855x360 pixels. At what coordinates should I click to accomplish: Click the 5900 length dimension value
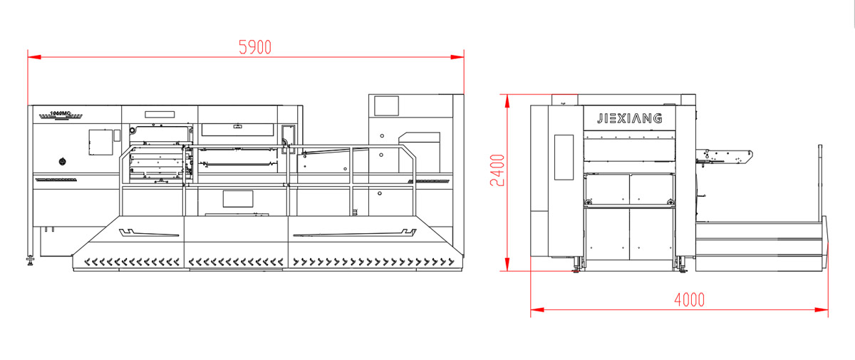255,47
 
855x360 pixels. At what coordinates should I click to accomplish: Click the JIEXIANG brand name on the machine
629,118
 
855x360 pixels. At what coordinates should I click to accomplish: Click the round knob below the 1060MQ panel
62,161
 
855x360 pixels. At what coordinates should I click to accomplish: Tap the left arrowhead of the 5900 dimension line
31,56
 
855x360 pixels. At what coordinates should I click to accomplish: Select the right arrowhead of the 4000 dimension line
824,310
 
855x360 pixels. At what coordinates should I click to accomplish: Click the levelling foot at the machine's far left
30,260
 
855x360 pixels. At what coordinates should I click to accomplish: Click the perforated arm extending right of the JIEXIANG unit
727,155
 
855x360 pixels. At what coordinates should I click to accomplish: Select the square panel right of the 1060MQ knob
100,142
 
